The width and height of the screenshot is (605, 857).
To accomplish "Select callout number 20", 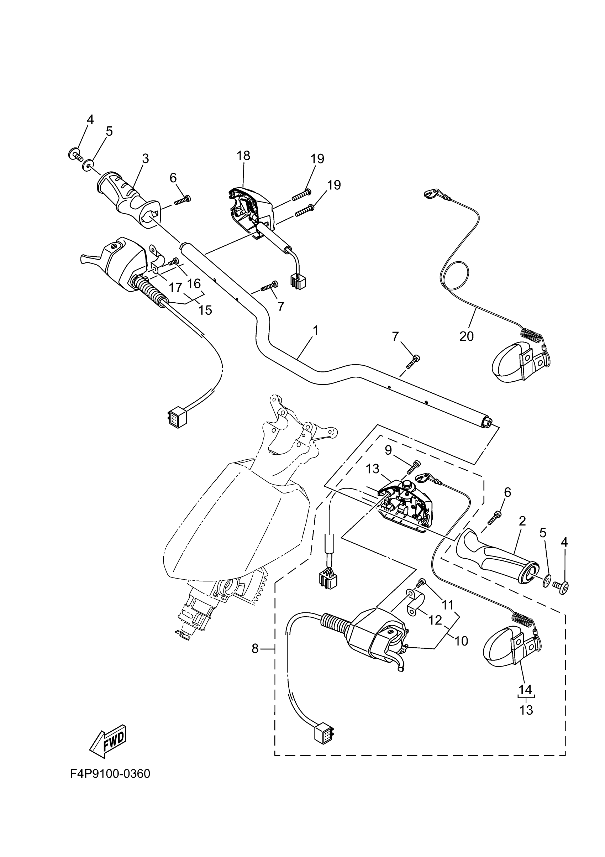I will click(x=466, y=336).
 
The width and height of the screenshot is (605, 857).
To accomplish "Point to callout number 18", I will click(x=243, y=156).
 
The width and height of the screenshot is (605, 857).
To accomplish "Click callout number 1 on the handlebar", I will click(x=316, y=330).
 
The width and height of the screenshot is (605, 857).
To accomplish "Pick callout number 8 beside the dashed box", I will click(x=255, y=649).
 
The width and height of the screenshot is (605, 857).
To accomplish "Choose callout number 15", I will click(x=205, y=310).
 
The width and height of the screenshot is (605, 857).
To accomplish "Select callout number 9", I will click(x=388, y=450).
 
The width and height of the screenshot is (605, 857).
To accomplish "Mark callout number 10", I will click(x=461, y=641).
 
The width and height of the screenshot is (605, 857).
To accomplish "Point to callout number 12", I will click(x=435, y=620).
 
